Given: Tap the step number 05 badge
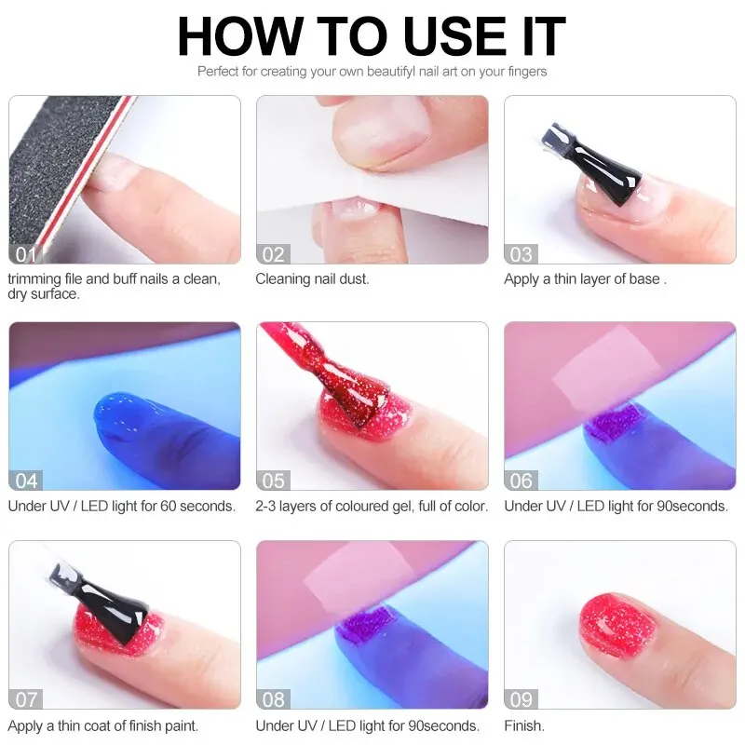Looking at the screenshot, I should coord(274,481).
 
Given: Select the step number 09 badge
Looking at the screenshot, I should coord(521,699).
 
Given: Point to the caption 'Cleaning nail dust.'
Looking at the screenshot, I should coord(312,278).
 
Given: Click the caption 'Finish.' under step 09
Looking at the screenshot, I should coord(524,725).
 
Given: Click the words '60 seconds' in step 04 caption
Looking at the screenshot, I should coord(197,506).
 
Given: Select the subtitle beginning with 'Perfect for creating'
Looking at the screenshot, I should coord(372,72).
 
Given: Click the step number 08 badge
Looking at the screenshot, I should coord(274,699).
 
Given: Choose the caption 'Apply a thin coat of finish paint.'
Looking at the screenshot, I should coord(103,725).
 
